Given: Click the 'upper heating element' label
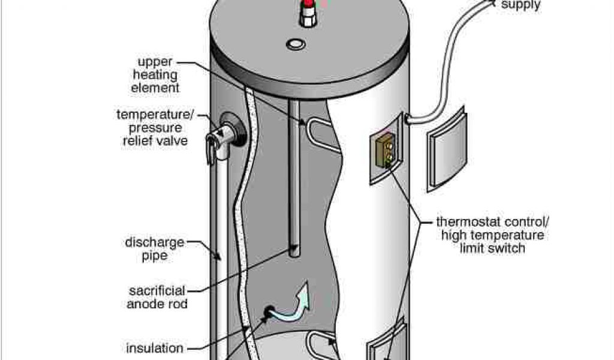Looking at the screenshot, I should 158,75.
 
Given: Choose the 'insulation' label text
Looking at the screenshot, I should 155,348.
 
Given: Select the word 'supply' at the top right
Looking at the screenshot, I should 521,5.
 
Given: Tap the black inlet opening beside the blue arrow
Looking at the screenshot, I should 268,311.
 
